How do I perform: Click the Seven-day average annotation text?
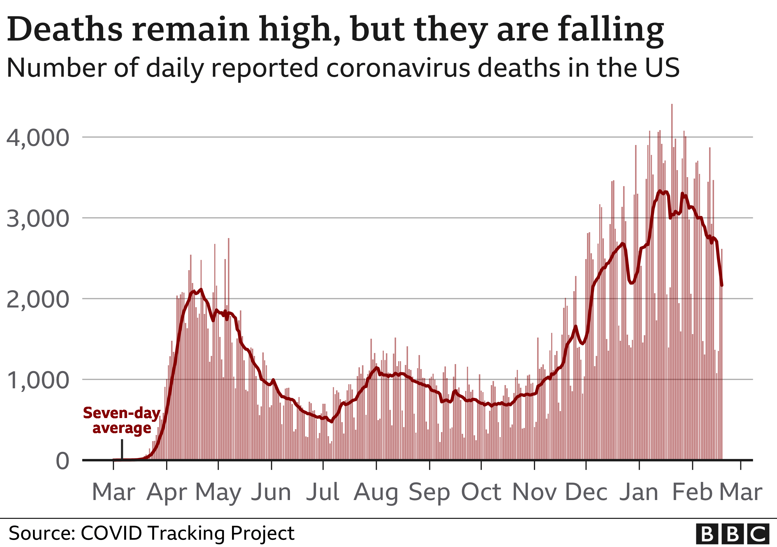coord(122,421)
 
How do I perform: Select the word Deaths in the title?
coord(64,30)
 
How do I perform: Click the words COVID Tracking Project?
coord(187,534)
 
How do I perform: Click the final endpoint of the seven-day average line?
coord(722,286)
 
